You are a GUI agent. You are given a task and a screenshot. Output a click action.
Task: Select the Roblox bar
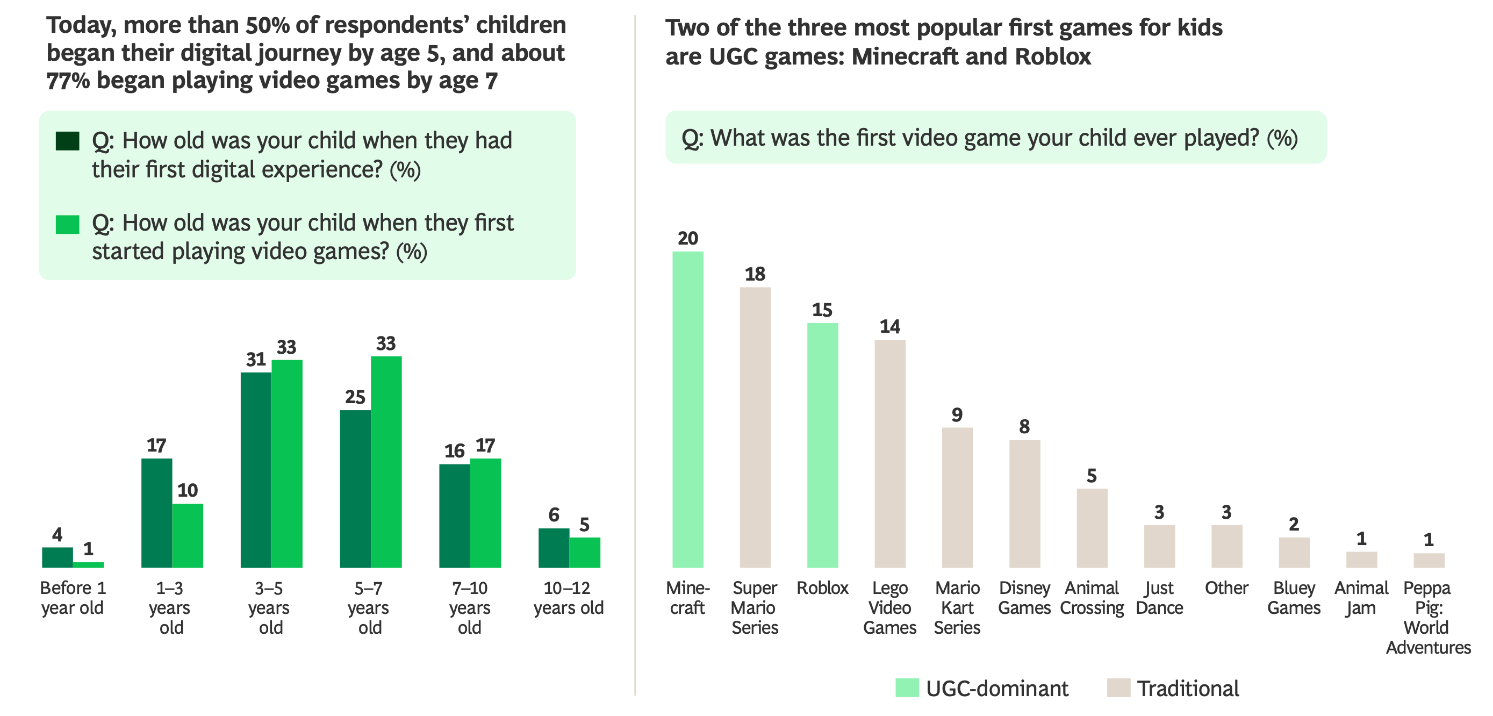tap(822, 445)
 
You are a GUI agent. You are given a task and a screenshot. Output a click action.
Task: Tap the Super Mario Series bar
tap(755, 427)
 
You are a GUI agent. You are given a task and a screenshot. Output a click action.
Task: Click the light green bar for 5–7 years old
tap(386, 462)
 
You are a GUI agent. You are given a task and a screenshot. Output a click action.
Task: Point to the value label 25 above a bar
tap(355, 397)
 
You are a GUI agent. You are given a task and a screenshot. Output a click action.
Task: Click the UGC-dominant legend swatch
tap(907, 688)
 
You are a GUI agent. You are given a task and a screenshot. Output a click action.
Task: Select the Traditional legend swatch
tap(1118, 688)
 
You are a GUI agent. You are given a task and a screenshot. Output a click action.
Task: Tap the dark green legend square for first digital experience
tap(67, 141)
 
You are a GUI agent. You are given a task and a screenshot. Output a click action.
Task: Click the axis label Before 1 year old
tap(73, 598)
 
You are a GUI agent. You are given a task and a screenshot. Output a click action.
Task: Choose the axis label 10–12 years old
tap(568, 598)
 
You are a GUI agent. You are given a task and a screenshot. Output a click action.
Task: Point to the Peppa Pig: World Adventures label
tap(1427, 618)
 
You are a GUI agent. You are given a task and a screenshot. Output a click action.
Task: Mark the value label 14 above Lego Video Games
tap(889, 326)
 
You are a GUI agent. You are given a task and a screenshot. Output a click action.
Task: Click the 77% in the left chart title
tap(68, 81)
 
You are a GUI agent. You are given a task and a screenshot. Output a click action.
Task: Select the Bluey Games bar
tap(1294, 552)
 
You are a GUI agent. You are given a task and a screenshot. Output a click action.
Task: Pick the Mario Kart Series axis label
tap(957, 607)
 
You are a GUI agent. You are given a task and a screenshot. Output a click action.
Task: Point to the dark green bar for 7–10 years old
tap(454, 515)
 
